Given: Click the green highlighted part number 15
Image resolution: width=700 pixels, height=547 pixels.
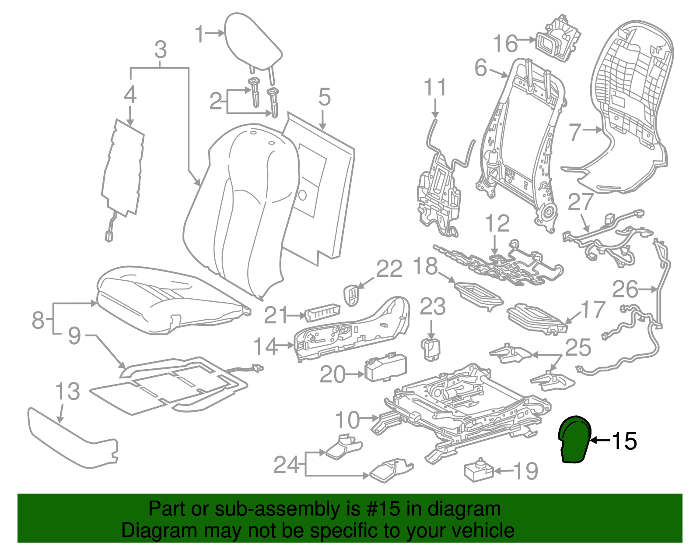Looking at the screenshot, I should [575, 440].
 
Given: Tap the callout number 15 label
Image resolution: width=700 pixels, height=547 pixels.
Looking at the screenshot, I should [624, 441].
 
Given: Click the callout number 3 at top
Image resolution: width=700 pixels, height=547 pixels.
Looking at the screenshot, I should [161, 50].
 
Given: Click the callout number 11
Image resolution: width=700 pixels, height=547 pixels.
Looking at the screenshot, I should [435, 88].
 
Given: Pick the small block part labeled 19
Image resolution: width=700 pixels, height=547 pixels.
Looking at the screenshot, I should [478, 471].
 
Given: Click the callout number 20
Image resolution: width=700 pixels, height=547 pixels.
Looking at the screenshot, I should [332, 374].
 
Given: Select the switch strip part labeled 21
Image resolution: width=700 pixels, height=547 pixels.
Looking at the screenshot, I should [322, 313].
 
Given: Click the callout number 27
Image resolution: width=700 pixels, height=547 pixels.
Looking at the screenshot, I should [581, 203].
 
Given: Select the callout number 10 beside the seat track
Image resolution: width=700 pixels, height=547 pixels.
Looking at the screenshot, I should [347, 420].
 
